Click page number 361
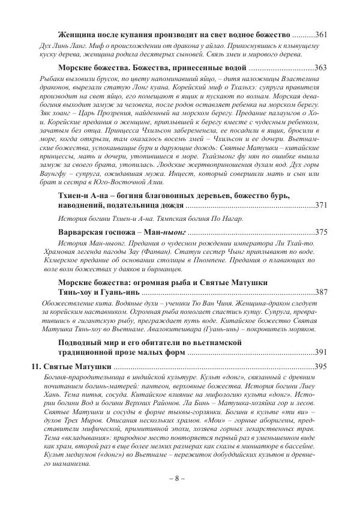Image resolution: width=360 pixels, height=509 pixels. coord(320,33)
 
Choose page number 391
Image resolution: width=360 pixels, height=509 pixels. coord(320,352)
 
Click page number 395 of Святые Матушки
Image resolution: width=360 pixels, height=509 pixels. coord(320,367)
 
